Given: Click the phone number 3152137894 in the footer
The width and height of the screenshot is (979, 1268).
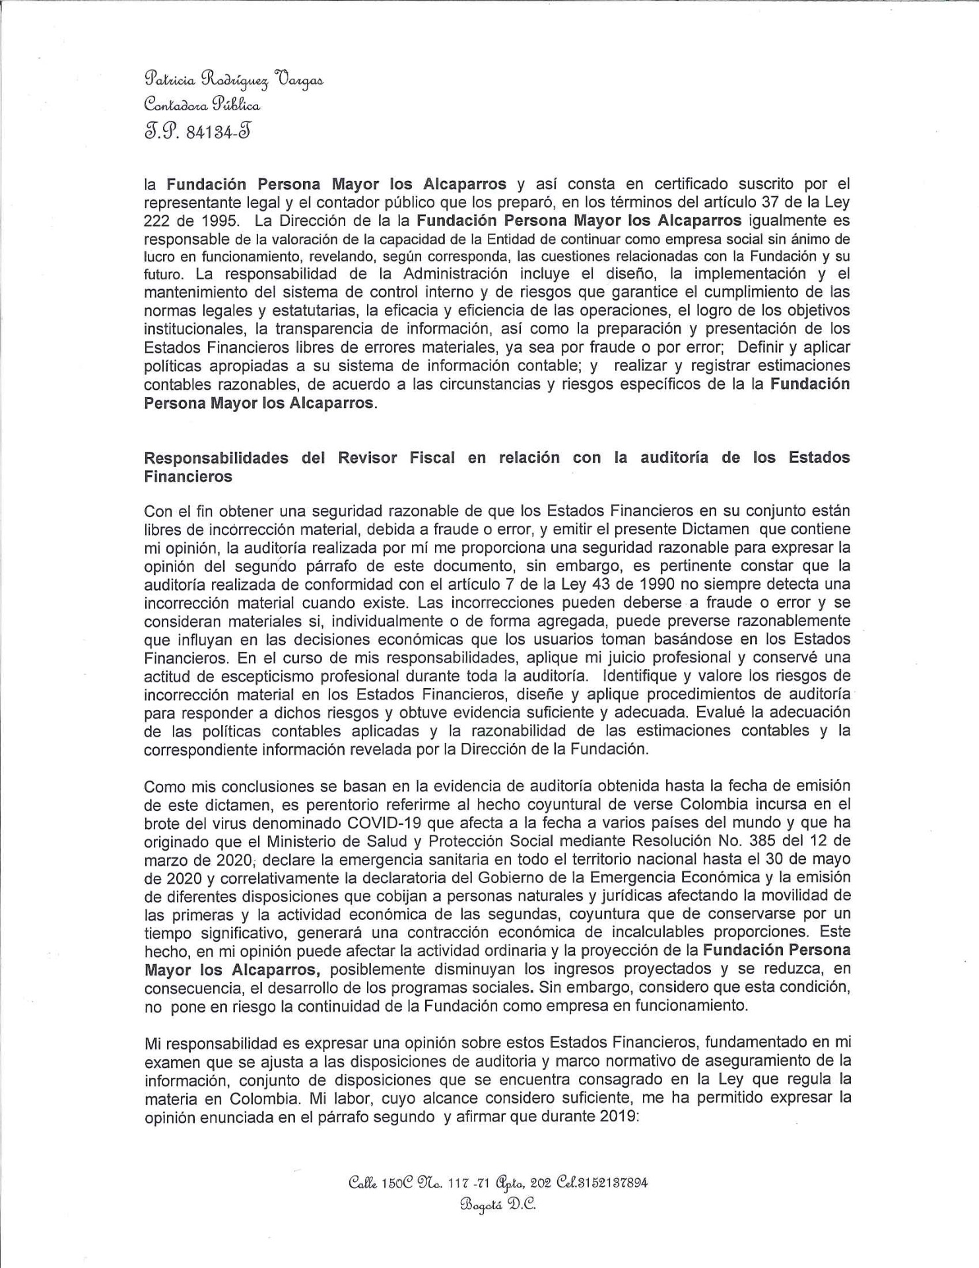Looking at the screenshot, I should [611, 1182].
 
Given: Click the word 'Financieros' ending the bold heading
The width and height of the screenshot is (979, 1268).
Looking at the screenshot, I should [188, 476].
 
